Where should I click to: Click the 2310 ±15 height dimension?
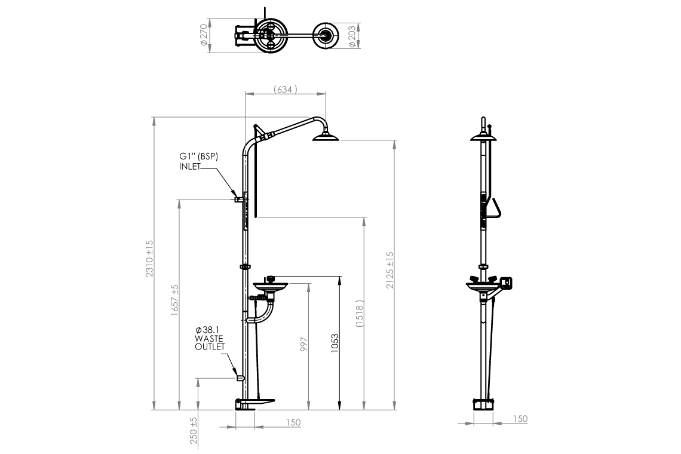[149, 259]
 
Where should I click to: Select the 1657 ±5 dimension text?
[174, 300]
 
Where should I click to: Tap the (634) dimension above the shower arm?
[286, 90]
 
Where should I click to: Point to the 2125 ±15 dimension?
[390, 270]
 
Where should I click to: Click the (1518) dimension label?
[359, 313]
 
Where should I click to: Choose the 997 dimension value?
[303, 345]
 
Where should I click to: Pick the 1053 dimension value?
[335, 343]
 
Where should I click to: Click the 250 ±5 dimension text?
[194, 431]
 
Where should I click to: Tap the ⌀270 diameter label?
[204, 35]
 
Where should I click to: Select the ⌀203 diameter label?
[352, 36]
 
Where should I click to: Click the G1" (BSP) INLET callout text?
[198, 161]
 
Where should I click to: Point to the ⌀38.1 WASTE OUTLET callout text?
[210, 338]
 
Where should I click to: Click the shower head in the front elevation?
[326, 137]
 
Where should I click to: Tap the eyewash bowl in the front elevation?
[270, 286]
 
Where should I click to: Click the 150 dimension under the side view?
[520, 419]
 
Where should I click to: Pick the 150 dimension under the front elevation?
[293, 422]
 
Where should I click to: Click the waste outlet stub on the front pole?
[240, 378]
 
